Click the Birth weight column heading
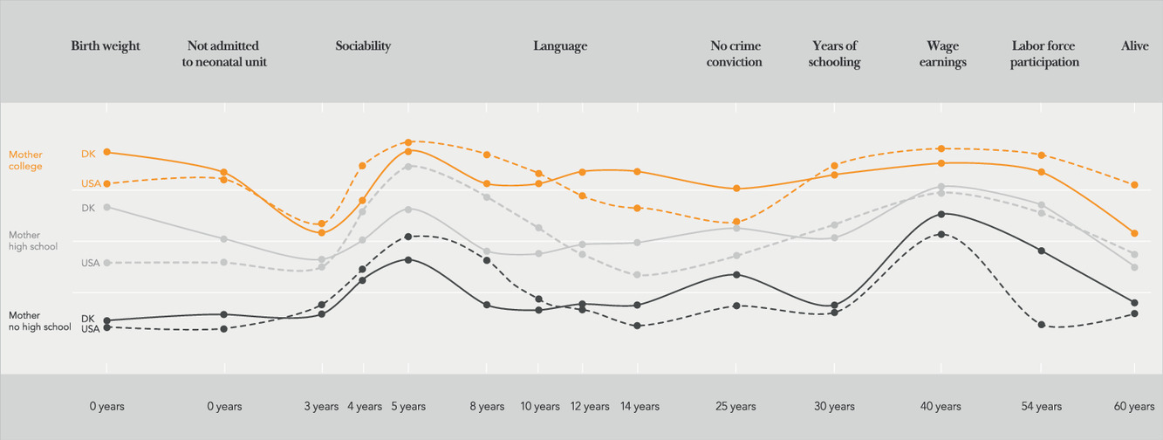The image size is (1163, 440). click(106, 45)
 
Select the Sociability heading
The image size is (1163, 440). click(363, 45)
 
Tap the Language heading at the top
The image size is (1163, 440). click(560, 45)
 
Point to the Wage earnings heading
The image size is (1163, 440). click(942, 53)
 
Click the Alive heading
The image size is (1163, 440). click(1134, 45)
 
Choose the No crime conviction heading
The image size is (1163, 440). click(735, 53)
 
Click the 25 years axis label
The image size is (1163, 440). click(735, 406)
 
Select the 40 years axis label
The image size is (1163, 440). click(941, 406)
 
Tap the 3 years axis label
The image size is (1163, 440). click(321, 406)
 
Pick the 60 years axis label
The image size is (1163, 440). click(1134, 406)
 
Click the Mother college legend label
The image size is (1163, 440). click(25, 160)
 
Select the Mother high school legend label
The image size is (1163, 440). click(32, 240)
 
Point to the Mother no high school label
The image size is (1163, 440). click(39, 320)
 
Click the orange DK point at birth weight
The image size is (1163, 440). click(107, 152)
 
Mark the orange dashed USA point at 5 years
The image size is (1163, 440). click(408, 142)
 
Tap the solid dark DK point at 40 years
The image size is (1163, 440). click(941, 214)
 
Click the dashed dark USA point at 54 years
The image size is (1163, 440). click(1042, 325)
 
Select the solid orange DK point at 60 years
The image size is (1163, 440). click(1134, 233)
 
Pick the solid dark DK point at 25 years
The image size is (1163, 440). click(736, 274)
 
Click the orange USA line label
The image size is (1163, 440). click(91, 183)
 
